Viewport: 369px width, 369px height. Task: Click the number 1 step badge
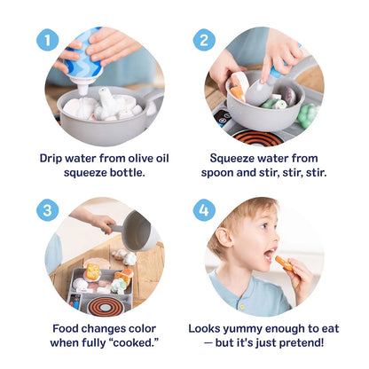tap(48, 40)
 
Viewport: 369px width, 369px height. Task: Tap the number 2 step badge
tap(203, 40)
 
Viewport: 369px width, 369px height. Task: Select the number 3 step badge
tap(48, 210)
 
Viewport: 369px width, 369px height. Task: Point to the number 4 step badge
tap(203, 210)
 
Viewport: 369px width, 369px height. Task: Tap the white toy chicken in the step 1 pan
tap(109, 99)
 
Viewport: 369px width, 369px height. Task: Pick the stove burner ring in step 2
tap(258, 137)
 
